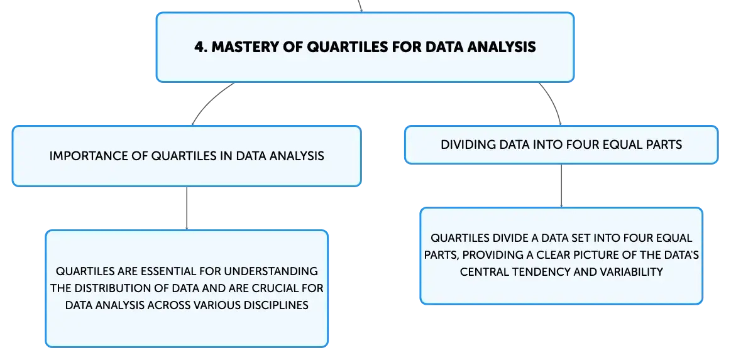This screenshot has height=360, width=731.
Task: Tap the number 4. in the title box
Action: click(x=201, y=47)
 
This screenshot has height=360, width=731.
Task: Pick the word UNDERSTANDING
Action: click(x=275, y=271)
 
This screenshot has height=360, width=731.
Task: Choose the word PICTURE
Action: click(x=594, y=255)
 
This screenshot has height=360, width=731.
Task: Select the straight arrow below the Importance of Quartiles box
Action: click(x=187, y=208)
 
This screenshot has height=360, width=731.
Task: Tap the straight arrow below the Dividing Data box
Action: click(x=561, y=185)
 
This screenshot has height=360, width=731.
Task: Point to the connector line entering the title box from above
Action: click(x=360, y=6)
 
